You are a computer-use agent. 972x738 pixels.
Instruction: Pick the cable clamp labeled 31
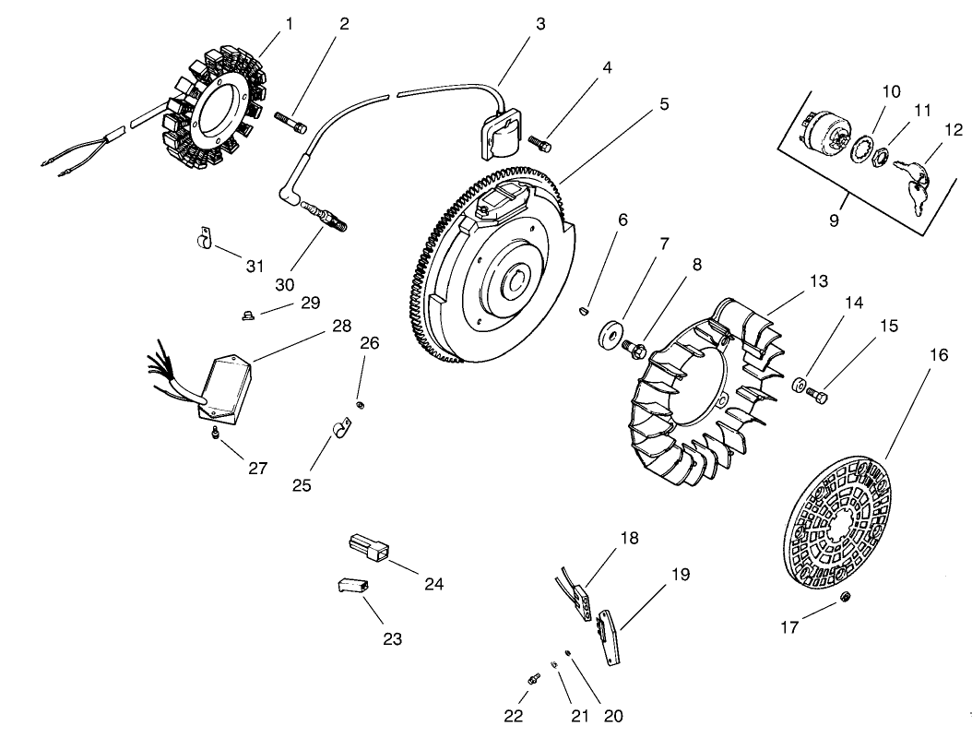click(202, 241)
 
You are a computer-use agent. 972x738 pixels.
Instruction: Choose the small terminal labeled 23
click(351, 584)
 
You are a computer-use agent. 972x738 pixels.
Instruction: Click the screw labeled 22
click(533, 680)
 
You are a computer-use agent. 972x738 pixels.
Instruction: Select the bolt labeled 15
click(816, 394)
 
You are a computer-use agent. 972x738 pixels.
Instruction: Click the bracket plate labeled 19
click(610, 637)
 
